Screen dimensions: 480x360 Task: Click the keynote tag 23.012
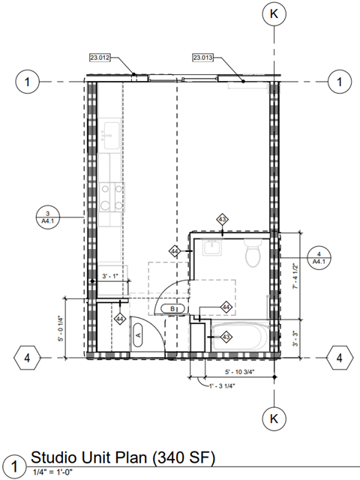(100, 57)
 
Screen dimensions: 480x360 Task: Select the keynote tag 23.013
(203, 57)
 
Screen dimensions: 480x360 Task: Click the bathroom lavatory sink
(211, 248)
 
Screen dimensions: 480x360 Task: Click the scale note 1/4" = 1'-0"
(55, 472)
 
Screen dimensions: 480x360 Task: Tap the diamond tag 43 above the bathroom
(222, 219)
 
